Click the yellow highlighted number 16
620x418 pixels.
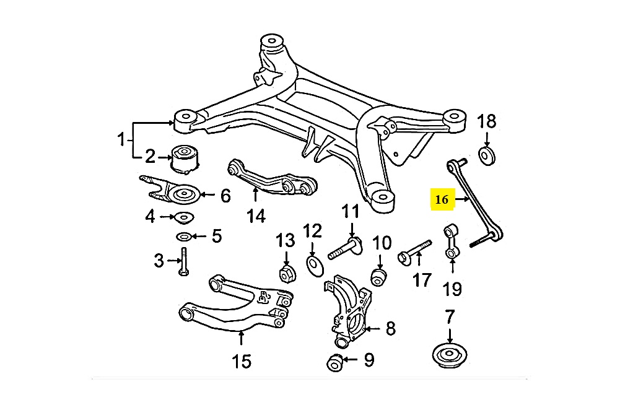click(x=442, y=199)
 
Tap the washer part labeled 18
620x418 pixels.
click(x=487, y=155)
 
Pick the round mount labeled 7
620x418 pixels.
click(x=451, y=357)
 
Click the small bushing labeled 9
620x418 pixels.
click(x=335, y=362)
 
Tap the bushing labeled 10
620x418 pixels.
click(x=378, y=276)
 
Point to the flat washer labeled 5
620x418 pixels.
click(x=183, y=236)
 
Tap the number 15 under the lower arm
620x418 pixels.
click(x=242, y=361)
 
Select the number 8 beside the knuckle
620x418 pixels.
click(x=390, y=329)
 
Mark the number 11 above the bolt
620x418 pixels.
click(x=351, y=212)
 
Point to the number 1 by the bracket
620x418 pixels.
click(x=121, y=140)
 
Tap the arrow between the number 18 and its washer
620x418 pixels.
click(x=487, y=139)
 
